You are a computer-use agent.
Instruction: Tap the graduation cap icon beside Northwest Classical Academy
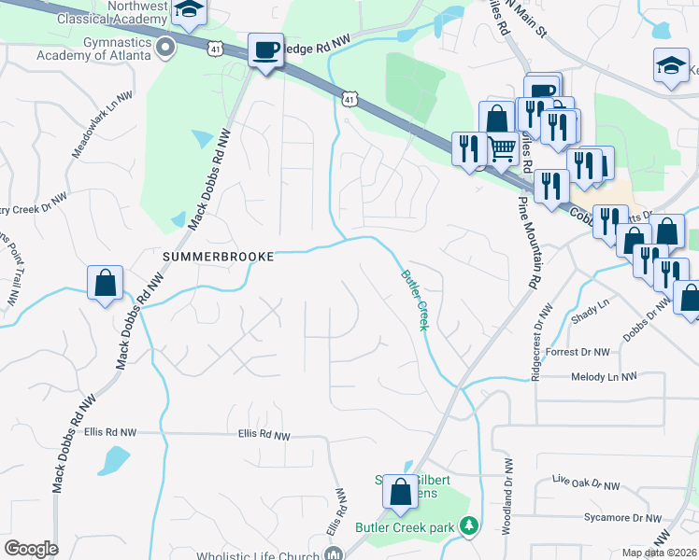click(191, 12)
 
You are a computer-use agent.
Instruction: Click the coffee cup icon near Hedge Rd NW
click(265, 49)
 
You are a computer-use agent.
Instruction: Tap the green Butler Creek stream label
click(415, 300)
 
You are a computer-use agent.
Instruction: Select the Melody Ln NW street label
click(604, 376)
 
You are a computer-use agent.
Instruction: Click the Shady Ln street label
click(590, 303)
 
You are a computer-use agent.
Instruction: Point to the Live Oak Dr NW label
click(587, 483)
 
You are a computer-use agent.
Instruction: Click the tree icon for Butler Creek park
click(469, 527)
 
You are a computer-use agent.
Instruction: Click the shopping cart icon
click(503, 147)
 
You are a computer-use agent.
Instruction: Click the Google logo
click(31, 549)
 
